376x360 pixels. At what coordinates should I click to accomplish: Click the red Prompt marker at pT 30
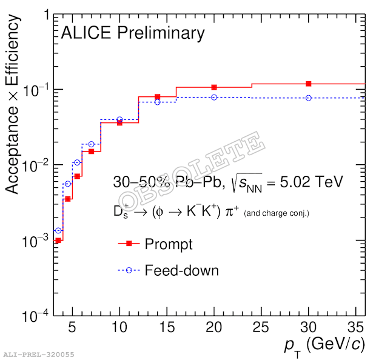pos(309,84)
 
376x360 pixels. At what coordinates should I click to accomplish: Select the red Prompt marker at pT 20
pos(214,87)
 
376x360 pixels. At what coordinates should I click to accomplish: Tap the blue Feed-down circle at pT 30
pos(309,98)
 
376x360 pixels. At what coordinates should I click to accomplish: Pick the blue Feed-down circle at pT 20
pos(214,97)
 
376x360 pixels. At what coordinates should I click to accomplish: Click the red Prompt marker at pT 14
pos(158,96)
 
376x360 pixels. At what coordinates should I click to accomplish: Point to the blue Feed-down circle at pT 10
pos(119,119)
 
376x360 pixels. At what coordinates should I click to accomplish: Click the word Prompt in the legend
pos(169,244)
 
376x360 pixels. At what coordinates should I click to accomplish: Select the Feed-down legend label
pos(181,270)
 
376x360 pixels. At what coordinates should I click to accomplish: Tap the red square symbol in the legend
pos(129,244)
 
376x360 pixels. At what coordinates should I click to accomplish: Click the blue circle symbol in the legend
pos(129,270)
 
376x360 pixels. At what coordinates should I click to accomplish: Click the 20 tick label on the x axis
pos(214,328)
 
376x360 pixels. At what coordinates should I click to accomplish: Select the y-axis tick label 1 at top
pos(46,15)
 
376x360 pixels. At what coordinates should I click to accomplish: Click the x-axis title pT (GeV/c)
pos(324,345)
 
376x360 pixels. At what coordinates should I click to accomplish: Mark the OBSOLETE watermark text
pos(191,172)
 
